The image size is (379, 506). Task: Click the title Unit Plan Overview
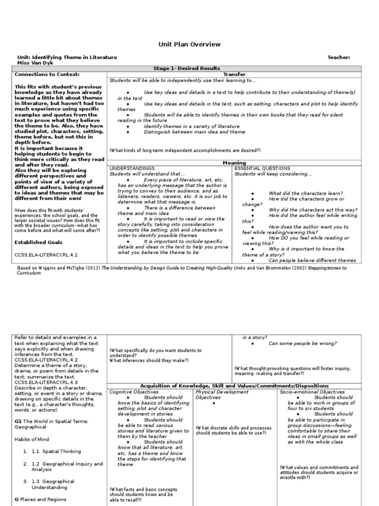coord(189,44)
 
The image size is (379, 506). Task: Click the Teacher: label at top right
coord(339,57)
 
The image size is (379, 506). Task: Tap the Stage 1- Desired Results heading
coord(189,69)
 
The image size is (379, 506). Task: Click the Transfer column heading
coord(234,74)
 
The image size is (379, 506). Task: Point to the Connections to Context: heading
coord(47,74)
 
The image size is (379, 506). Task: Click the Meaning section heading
coord(234,163)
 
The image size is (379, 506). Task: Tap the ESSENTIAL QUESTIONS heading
coord(262,169)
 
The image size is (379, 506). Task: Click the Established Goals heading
coord(38,242)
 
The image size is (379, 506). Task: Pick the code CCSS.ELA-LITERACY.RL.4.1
coord(46,254)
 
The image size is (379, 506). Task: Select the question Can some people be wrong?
coord(303,343)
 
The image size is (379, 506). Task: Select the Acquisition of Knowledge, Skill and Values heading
coord(234,386)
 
